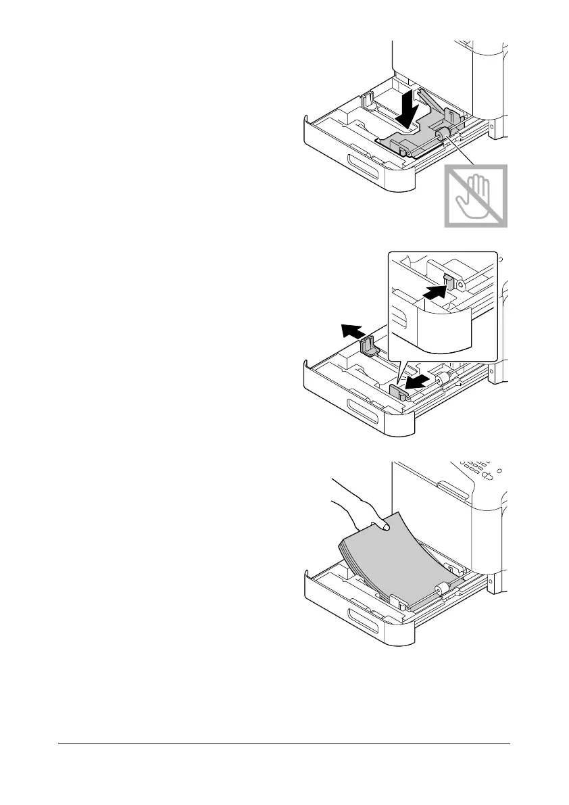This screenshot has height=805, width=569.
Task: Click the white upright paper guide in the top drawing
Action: tap(369, 101)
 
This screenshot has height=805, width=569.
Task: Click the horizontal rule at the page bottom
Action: tap(284, 746)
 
